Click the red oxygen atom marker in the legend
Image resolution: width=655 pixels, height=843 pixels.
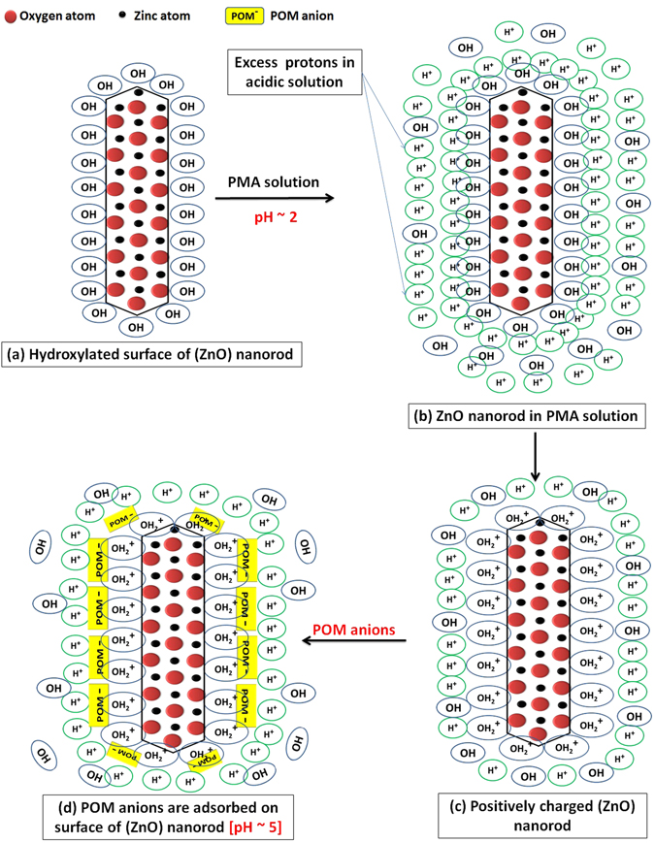click(x=11, y=16)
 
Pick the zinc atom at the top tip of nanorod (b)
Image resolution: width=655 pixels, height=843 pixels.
click(x=523, y=92)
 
